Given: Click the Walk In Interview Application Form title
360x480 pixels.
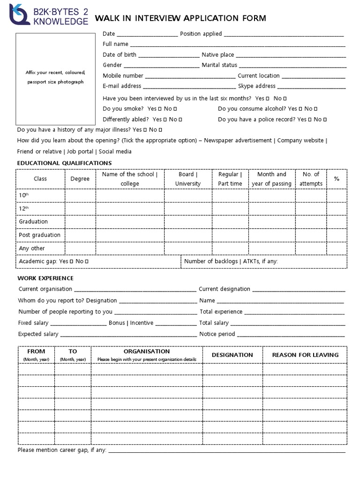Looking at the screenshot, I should click(180, 18).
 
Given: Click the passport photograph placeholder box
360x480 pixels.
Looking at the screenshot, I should click(55, 78).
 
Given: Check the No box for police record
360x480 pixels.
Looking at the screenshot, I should click(325, 120).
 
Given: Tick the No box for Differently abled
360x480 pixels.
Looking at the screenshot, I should click(180, 120).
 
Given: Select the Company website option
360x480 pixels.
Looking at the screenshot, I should click(301, 140).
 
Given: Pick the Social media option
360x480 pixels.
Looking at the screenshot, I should click(115, 151).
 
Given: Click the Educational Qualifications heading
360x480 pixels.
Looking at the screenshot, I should click(64, 163).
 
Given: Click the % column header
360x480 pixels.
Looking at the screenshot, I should click(336, 179).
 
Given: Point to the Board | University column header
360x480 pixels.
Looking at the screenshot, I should click(187, 179).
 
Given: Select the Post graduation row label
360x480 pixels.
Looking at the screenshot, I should click(40, 235).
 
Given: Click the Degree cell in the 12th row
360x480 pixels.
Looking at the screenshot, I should click(80, 208).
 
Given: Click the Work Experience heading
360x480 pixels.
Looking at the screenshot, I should click(45, 278).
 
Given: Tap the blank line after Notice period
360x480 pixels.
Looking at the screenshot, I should click(291, 335).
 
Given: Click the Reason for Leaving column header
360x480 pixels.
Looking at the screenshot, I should click(305, 355).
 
